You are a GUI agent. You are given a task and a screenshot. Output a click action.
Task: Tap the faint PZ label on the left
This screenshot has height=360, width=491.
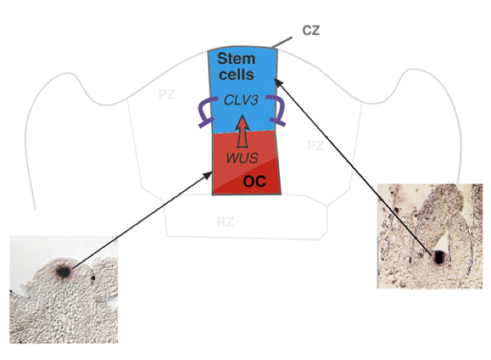tap(168, 95)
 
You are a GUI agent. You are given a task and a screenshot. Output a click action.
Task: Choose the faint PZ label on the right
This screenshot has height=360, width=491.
tap(316, 146)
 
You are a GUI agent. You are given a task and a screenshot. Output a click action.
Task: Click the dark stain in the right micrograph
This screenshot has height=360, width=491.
tap(439, 256)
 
